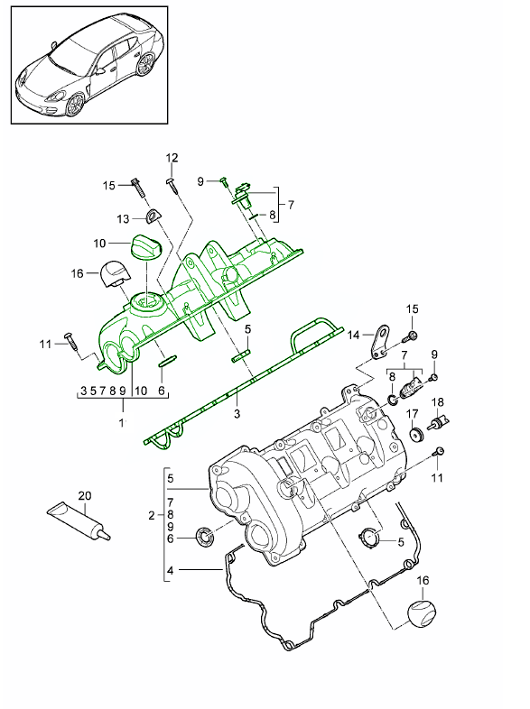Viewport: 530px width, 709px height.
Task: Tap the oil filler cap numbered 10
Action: click(x=145, y=246)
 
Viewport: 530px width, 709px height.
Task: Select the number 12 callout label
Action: click(x=172, y=158)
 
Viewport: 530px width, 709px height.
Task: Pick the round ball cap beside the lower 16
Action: click(x=423, y=612)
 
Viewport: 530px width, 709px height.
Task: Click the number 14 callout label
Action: click(x=354, y=335)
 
